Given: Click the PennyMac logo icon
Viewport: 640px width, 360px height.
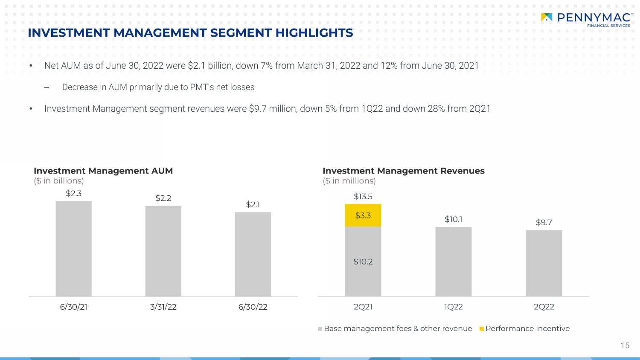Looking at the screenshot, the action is pyautogui.click(x=547, y=17).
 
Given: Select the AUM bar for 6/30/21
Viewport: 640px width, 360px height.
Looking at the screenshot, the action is pyautogui.click(x=74, y=249).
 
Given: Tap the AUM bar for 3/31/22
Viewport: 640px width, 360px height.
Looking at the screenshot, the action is pyautogui.click(x=163, y=251).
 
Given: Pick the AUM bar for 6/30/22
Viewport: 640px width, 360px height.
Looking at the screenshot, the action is pyautogui.click(x=253, y=254).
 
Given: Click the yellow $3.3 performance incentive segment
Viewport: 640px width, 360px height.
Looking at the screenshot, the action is pyautogui.click(x=363, y=215).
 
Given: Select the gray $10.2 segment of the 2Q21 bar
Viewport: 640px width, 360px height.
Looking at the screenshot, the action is pyautogui.click(x=363, y=261).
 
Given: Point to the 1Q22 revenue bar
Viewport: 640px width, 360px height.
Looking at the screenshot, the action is pyautogui.click(x=454, y=261).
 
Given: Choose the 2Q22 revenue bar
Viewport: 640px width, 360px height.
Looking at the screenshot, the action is pyautogui.click(x=544, y=263).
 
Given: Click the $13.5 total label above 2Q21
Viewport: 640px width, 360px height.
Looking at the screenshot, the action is pyautogui.click(x=363, y=197).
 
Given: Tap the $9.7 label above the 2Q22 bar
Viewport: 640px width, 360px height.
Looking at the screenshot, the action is pyautogui.click(x=544, y=222).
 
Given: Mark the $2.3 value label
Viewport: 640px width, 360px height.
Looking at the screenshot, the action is pyautogui.click(x=74, y=193).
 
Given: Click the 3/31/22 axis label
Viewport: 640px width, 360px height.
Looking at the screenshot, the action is pyautogui.click(x=163, y=307).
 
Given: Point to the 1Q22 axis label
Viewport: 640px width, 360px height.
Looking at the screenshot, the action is pyautogui.click(x=454, y=307).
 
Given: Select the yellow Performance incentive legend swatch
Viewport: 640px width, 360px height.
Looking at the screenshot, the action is pyautogui.click(x=482, y=329).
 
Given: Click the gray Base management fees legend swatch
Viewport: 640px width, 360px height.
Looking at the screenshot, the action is pyautogui.click(x=320, y=329).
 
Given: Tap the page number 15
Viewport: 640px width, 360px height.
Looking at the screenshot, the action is pyautogui.click(x=625, y=345).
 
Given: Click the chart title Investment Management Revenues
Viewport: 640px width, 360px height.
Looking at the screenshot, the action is pyautogui.click(x=404, y=171).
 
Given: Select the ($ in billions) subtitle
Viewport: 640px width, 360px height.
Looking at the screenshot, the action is pyautogui.click(x=59, y=181).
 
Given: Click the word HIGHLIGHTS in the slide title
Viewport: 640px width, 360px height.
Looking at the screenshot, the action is pyautogui.click(x=314, y=33).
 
